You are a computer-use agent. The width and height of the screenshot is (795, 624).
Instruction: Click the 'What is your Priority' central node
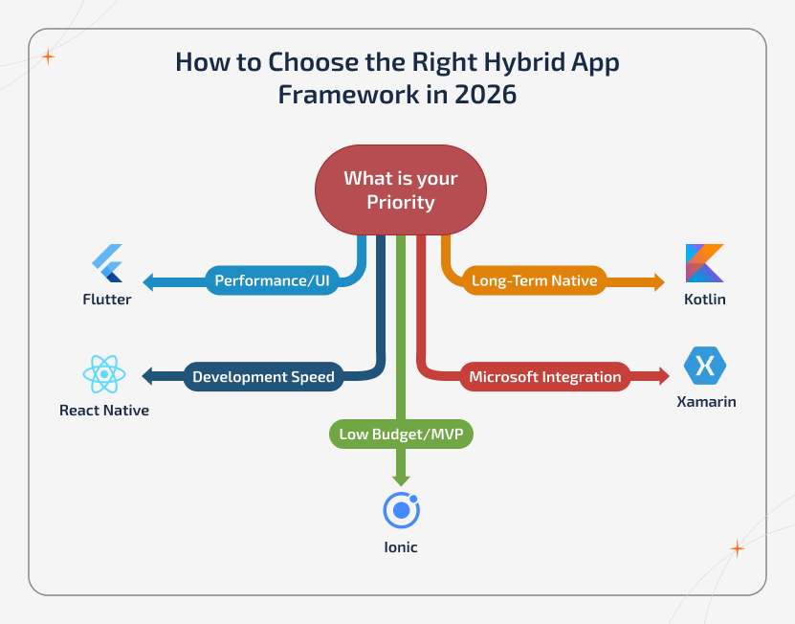click(401, 189)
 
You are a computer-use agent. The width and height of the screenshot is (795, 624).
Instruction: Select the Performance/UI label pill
click(273, 281)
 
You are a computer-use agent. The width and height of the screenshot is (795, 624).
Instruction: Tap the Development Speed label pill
click(263, 376)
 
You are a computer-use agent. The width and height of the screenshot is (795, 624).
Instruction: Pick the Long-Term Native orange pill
click(534, 281)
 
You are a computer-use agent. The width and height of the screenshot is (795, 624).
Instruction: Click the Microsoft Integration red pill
click(544, 376)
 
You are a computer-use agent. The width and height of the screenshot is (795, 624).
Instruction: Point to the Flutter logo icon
click(107, 263)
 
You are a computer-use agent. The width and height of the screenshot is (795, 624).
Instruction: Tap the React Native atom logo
click(104, 374)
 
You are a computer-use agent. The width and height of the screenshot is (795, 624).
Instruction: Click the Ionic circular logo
click(401, 511)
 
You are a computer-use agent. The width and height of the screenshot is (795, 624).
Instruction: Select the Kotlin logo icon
click(705, 263)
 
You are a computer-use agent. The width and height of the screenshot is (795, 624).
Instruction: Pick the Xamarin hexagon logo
click(705, 365)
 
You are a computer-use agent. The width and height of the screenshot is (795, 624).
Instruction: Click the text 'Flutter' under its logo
click(106, 300)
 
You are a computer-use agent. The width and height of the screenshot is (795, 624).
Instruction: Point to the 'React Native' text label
click(104, 411)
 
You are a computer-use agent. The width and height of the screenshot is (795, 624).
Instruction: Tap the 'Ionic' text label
click(401, 547)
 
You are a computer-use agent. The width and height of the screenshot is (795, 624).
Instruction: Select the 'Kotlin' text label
click(705, 300)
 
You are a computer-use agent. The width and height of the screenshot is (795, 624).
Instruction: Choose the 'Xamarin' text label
click(706, 402)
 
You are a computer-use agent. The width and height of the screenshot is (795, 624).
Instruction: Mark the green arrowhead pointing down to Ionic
click(401, 479)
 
